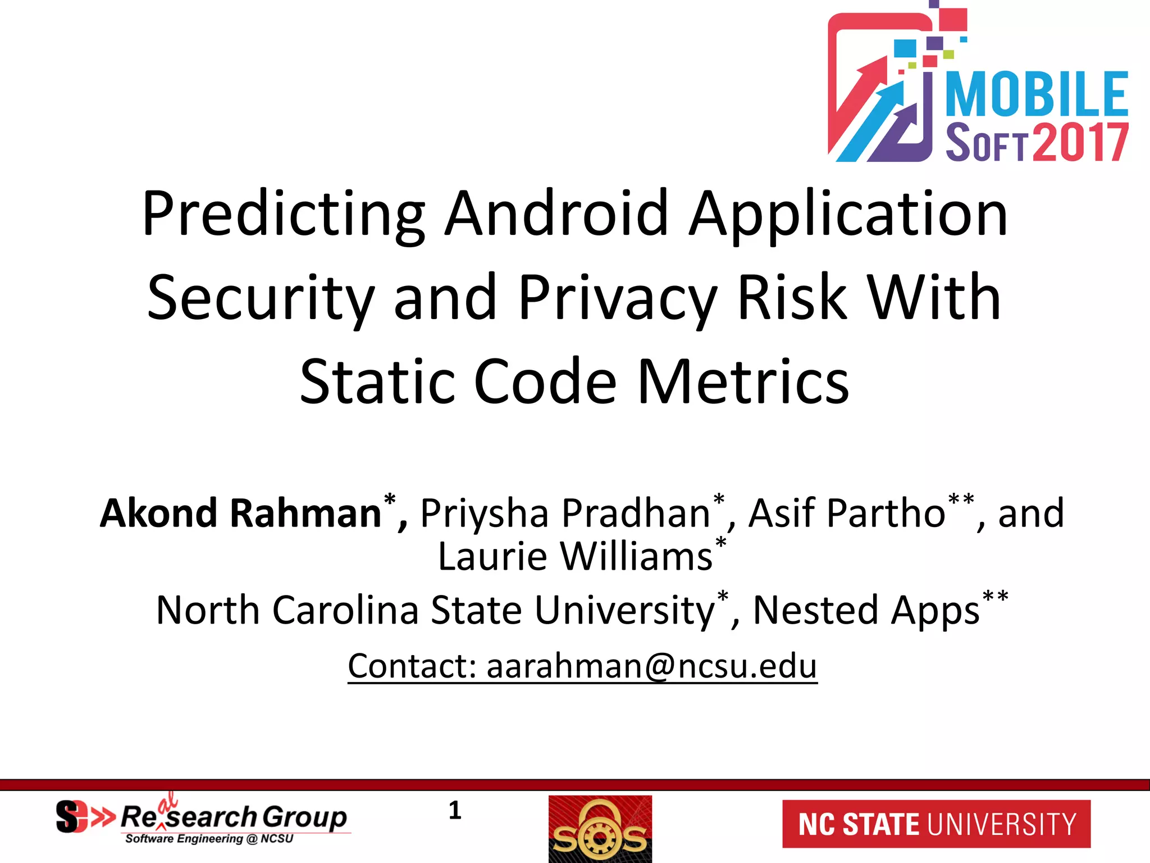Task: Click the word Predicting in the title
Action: pos(284,215)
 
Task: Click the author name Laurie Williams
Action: pos(575,557)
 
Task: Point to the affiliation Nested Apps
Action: pos(866,611)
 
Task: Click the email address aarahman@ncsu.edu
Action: pos(651,666)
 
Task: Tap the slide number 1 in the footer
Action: pos(455,811)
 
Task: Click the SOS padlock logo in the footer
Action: pos(600,829)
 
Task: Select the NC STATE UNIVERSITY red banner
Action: pos(936,824)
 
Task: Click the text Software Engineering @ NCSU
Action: pos(209,839)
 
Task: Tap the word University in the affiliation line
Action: pos(624,611)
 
